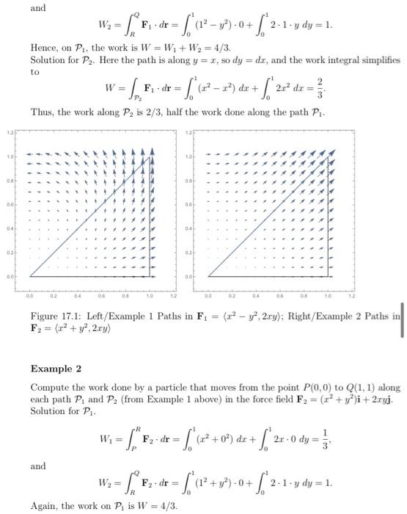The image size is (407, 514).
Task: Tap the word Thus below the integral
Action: point(43,112)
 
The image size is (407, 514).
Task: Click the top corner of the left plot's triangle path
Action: point(150,156)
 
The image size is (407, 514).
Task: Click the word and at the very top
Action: point(38,8)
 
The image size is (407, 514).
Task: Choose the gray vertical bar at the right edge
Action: point(402,321)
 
